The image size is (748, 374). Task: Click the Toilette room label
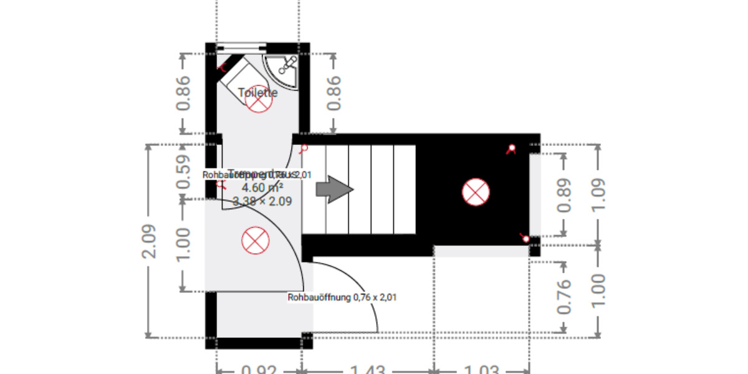[x=257, y=93]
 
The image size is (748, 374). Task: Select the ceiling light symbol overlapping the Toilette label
[x=258, y=99]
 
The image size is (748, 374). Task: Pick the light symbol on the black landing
[x=476, y=191]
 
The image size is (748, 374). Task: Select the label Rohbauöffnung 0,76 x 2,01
[x=342, y=298]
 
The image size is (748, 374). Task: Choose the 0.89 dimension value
[x=565, y=195]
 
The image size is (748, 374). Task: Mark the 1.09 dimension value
[x=598, y=195]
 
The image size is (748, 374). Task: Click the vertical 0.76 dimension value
[x=563, y=297]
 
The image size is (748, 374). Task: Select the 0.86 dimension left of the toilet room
[x=183, y=93]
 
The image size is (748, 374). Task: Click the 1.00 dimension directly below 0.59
[x=183, y=245]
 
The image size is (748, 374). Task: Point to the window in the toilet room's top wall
[x=241, y=46]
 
